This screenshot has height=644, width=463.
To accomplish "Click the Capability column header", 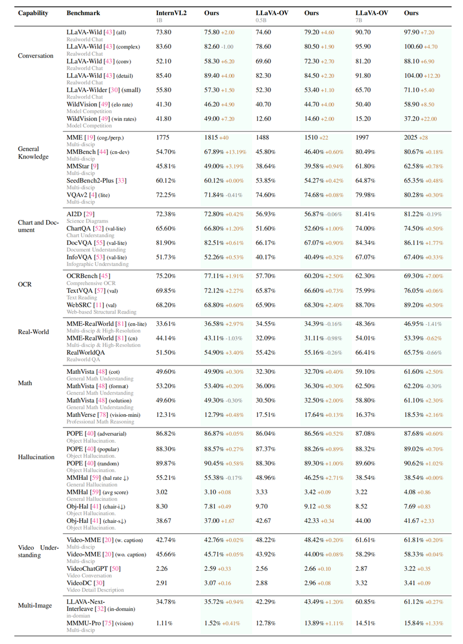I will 33,13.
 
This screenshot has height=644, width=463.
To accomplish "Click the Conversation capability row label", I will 36,55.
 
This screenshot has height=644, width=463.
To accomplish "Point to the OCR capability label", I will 25,284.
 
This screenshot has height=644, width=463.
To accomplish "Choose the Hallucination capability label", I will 36,457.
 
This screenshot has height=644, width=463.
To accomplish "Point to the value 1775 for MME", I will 163,136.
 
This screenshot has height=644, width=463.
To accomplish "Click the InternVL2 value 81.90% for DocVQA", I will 166,243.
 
